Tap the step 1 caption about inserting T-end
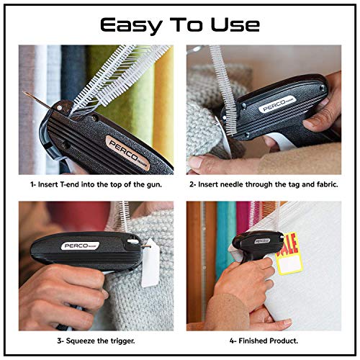96,184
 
